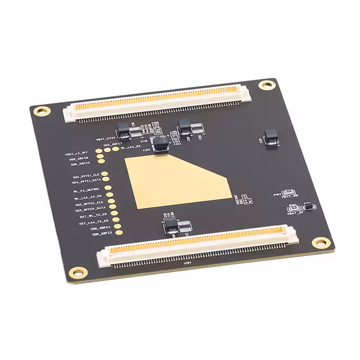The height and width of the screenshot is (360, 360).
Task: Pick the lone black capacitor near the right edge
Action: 271,136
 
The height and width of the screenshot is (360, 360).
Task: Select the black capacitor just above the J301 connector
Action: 171,226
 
